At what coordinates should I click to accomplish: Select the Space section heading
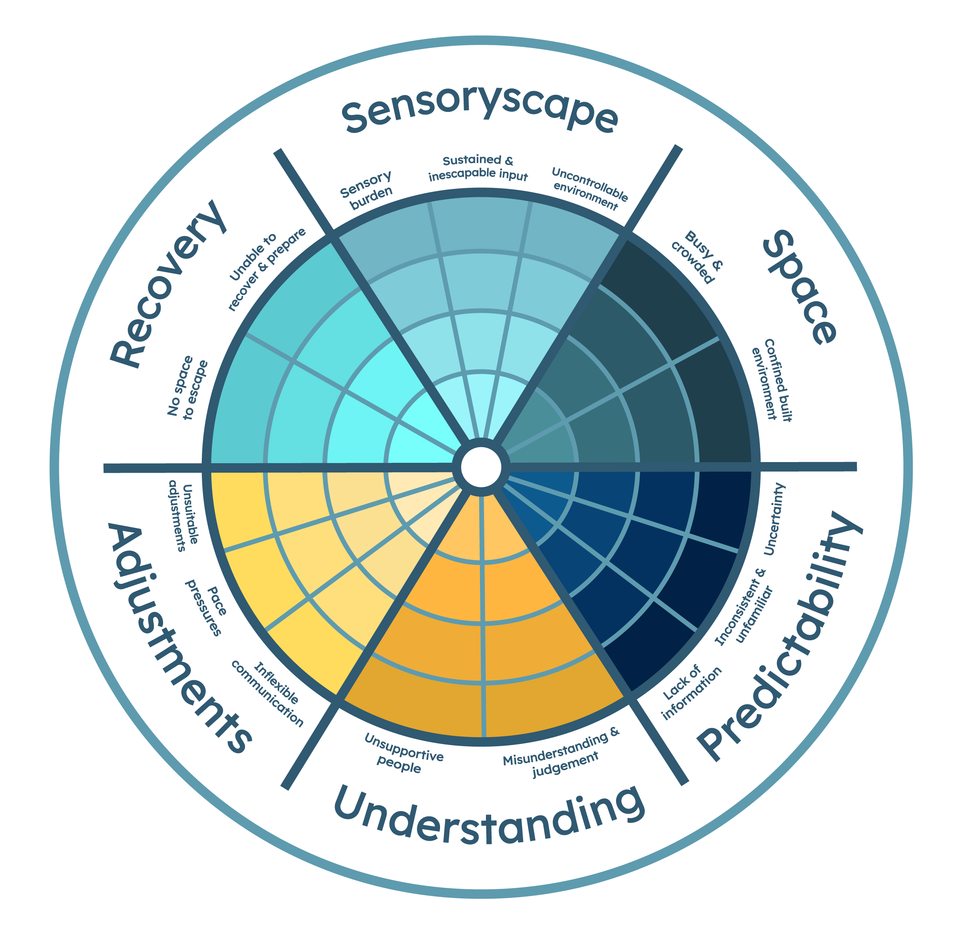click(x=800, y=287)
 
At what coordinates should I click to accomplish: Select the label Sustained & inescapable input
click(x=478, y=168)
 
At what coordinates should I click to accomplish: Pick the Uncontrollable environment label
click(x=589, y=189)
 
